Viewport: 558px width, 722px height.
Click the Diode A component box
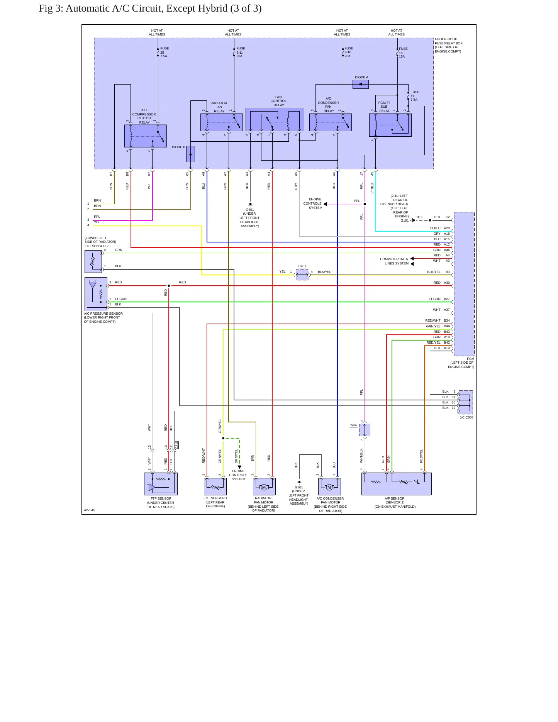(361, 84)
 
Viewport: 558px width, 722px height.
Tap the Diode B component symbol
(190, 154)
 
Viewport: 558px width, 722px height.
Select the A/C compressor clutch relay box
(146, 136)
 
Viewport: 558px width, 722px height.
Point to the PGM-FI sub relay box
(390, 125)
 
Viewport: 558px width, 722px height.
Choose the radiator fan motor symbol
(264, 487)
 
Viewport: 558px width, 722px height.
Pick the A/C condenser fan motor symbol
(329, 487)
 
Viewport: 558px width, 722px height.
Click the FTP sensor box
(161, 484)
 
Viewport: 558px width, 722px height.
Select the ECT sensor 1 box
(215, 486)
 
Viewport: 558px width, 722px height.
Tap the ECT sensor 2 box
(93, 262)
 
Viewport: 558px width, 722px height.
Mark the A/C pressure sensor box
(96, 294)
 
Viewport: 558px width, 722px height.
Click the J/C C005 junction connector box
(465, 403)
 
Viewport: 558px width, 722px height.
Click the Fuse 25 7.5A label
(164, 52)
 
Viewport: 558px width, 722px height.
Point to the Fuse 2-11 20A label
(240, 52)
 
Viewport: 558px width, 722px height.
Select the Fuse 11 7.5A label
(414, 96)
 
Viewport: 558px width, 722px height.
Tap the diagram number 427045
(90, 510)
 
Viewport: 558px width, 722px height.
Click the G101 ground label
(404, 220)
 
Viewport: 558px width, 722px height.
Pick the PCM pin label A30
(447, 283)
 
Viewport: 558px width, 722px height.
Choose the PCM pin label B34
(447, 320)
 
